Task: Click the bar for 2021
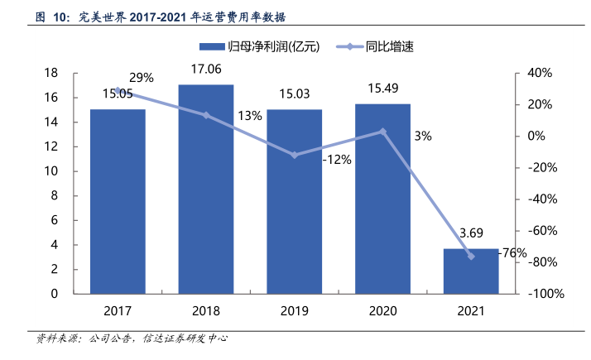(x=471, y=271)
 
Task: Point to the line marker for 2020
(x=382, y=131)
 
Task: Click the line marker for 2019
(x=294, y=155)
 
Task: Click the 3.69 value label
(x=471, y=234)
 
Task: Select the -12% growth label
(x=337, y=160)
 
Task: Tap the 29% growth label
(x=142, y=78)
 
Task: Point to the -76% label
(x=514, y=253)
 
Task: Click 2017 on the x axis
(x=118, y=312)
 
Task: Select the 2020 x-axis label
(x=382, y=312)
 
